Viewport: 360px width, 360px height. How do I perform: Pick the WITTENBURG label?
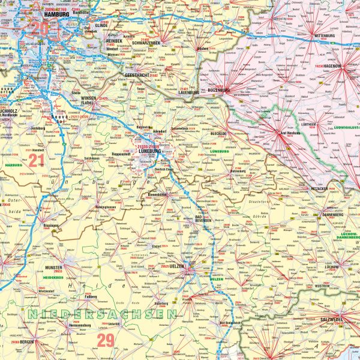click(329, 36)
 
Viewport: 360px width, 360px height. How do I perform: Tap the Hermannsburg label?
click(75, 325)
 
